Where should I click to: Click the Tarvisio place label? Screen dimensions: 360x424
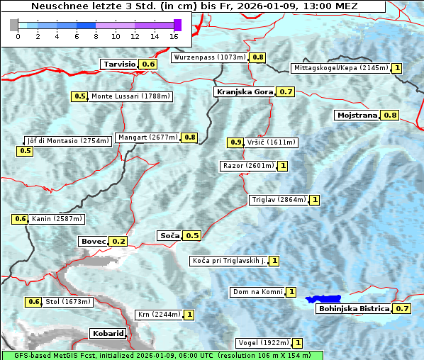point(118,64)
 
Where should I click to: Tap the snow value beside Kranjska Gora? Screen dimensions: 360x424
point(286,92)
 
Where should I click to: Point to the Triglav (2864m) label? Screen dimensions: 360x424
point(279,200)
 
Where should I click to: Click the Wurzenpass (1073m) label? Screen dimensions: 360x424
point(210,57)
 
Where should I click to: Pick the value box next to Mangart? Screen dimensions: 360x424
point(189,137)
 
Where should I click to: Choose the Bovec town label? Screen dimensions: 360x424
point(93,241)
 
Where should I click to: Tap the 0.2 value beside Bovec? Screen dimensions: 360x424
point(118,241)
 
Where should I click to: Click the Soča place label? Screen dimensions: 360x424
point(169,235)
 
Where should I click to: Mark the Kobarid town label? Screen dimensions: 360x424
point(108,333)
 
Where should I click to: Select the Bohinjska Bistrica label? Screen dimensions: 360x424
point(353,309)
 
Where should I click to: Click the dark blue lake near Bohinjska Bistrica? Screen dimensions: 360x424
point(323,300)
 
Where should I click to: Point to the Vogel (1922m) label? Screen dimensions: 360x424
point(263,343)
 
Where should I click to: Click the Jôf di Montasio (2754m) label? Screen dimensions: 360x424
point(67,140)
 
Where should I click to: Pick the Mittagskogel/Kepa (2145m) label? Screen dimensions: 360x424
point(340,68)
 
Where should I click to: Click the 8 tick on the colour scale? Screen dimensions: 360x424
point(96,36)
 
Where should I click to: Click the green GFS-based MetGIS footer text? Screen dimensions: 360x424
point(162,355)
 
